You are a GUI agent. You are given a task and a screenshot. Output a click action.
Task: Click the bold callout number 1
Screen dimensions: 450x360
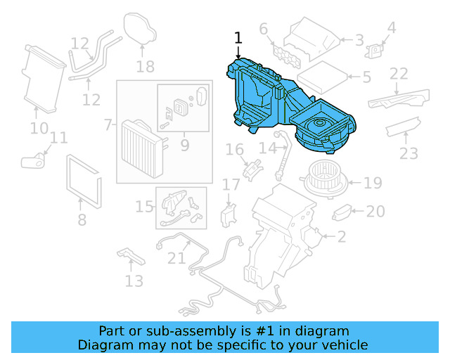click(238, 37)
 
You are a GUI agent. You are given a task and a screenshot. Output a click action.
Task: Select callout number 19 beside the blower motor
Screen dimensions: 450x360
click(373, 183)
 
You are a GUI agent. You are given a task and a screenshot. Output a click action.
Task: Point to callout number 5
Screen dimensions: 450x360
click(366, 77)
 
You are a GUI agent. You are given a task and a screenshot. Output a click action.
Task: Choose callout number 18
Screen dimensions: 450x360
click(145, 67)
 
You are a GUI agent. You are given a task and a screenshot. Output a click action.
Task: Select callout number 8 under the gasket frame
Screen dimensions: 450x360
click(82, 220)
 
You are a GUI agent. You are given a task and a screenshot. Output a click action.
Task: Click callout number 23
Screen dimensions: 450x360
click(409, 153)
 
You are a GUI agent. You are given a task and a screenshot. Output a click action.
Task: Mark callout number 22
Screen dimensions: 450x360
click(399, 73)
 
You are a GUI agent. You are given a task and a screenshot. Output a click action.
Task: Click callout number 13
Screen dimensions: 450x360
click(134, 281)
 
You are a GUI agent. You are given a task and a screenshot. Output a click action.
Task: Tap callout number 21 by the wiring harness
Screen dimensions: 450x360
click(176, 258)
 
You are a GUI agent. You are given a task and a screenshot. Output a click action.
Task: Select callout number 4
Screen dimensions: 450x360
click(392, 28)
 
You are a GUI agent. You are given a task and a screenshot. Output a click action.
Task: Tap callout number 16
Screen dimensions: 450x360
click(234, 149)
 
